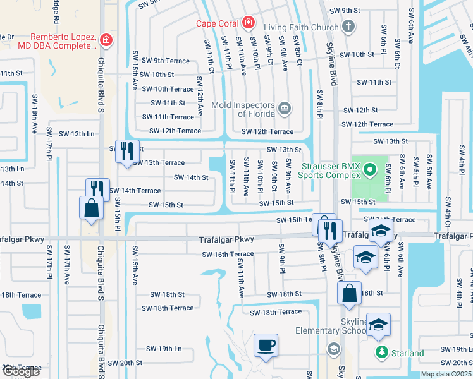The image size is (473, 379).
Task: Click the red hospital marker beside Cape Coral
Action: (249, 24)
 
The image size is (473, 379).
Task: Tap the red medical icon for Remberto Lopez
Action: (106, 41)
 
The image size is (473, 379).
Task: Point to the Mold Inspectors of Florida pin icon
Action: (284, 109)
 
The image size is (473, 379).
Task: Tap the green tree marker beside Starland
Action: (381, 352)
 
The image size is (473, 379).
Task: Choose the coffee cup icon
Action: (265, 346)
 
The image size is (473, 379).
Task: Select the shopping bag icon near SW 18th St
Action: (349, 292)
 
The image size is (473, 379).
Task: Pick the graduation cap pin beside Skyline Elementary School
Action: (378, 325)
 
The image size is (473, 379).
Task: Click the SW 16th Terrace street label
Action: (228, 255)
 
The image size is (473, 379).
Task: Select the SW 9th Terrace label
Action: (166, 61)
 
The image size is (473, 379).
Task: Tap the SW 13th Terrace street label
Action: (158, 162)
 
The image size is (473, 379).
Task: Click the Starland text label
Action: (407, 353)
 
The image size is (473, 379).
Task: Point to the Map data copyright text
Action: (446, 374)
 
